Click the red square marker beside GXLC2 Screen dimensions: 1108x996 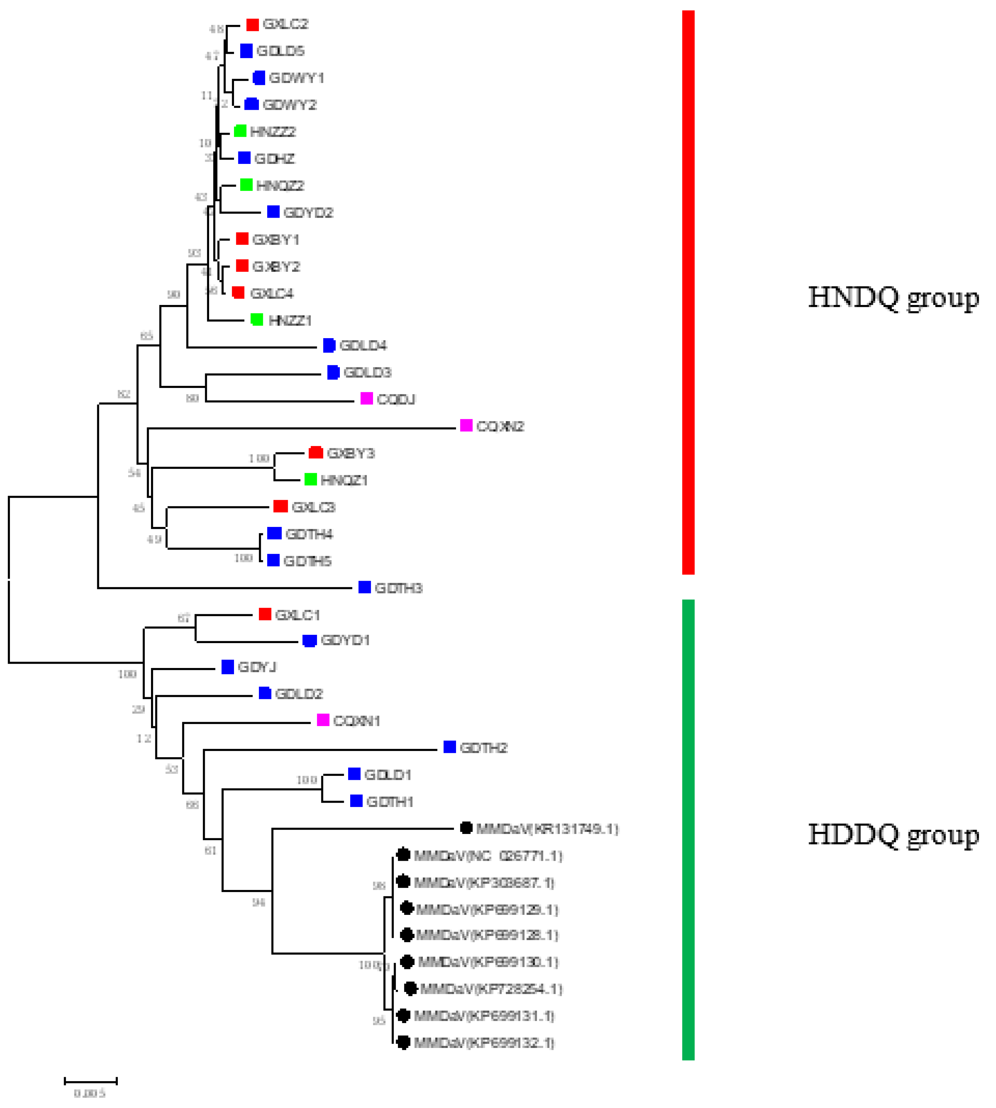(252, 25)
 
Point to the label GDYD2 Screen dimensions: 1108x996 (308, 213)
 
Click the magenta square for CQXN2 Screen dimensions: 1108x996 (466, 426)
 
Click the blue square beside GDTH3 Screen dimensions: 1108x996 (364, 587)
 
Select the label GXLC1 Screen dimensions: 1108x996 (297, 615)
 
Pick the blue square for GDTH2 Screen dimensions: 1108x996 (450, 747)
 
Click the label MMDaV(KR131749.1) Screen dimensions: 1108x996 (547, 829)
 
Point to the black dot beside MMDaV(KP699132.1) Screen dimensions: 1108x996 (403, 1043)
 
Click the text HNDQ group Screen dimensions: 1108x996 (893, 298)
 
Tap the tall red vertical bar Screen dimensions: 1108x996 (688, 292)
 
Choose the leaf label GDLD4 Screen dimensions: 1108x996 (363, 346)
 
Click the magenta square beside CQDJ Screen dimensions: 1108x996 (367, 399)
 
